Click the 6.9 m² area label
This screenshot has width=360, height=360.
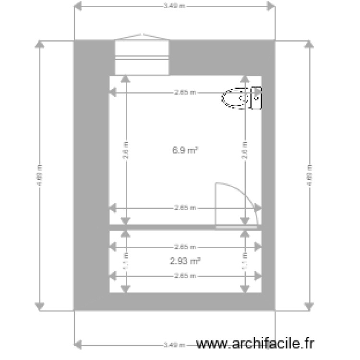(x=185, y=150)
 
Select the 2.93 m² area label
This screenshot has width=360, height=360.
(x=185, y=261)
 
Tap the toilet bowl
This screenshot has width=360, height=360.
(x=235, y=98)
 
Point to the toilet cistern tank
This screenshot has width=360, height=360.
(x=257, y=98)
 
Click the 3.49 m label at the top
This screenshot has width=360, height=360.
(x=174, y=7)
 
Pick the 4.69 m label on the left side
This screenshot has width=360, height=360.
(x=40, y=175)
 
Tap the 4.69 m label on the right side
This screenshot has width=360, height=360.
(x=310, y=175)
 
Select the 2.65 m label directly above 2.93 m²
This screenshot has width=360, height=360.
(x=185, y=247)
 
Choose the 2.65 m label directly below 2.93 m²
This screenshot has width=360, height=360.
(x=185, y=276)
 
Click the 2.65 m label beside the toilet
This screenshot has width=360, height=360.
(x=185, y=93)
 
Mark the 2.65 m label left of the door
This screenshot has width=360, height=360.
(x=185, y=208)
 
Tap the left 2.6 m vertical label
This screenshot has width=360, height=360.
(x=126, y=150)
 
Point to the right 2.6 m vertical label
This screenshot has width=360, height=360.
(x=245, y=150)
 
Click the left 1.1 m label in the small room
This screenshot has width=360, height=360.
(x=126, y=261)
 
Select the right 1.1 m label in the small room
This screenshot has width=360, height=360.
(x=245, y=261)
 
